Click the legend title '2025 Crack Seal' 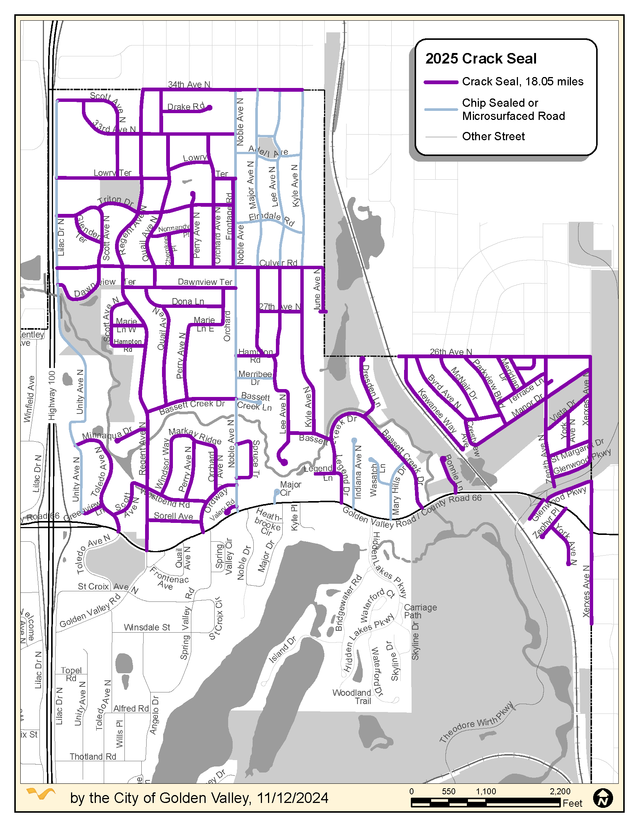(481, 59)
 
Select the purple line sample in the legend (441, 82)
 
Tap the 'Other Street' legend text (493, 136)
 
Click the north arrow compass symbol (603, 798)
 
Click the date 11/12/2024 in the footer (292, 798)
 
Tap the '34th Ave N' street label (189, 85)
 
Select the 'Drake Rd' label (185, 107)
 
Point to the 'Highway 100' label (52, 395)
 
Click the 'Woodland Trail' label (352, 697)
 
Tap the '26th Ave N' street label (450, 352)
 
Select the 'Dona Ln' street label (188, 301)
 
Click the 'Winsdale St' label (147, 627)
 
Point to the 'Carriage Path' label (420, 611)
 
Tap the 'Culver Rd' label (278, 263)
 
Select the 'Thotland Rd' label (93, 757)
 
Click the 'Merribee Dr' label (255, 378)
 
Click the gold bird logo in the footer (41, 794)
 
